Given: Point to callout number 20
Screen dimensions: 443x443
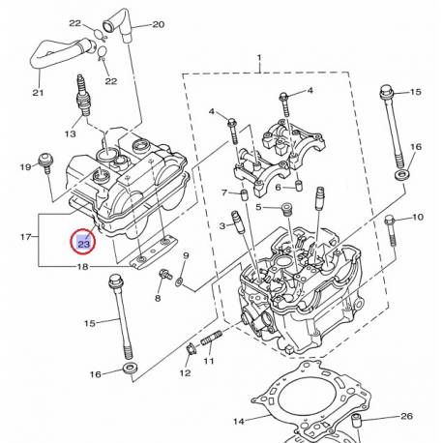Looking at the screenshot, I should (x=159, y=24).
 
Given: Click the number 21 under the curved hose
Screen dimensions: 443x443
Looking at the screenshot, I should (x=38, y=93).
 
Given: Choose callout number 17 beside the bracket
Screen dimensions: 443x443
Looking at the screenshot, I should (x=26, y=236).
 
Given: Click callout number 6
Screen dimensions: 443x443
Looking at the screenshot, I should (x=277, y=187).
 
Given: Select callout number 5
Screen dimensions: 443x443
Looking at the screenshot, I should (x=258, y=208).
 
